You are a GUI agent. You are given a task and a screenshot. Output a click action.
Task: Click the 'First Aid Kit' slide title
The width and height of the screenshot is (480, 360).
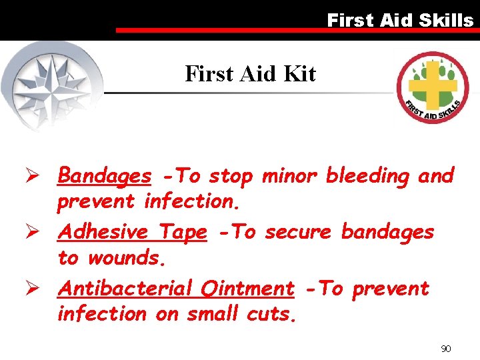click(x=250, y=73)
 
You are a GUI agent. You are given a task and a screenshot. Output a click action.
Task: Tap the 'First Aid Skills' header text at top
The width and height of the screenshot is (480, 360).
click(x=400, y=21)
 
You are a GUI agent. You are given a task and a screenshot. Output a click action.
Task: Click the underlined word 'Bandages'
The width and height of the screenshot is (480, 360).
click(x=105, y=176)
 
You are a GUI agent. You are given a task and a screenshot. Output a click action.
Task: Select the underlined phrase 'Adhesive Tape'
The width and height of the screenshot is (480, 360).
click(x=132, y=232)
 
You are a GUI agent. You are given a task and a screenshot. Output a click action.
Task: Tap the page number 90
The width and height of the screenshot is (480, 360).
click(x=446, y=349)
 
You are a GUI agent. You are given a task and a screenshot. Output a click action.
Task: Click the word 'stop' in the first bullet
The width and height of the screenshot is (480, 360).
click(x=231, y=176)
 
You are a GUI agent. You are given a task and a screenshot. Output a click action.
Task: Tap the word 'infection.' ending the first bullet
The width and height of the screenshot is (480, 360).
click(x=187, y=200)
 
